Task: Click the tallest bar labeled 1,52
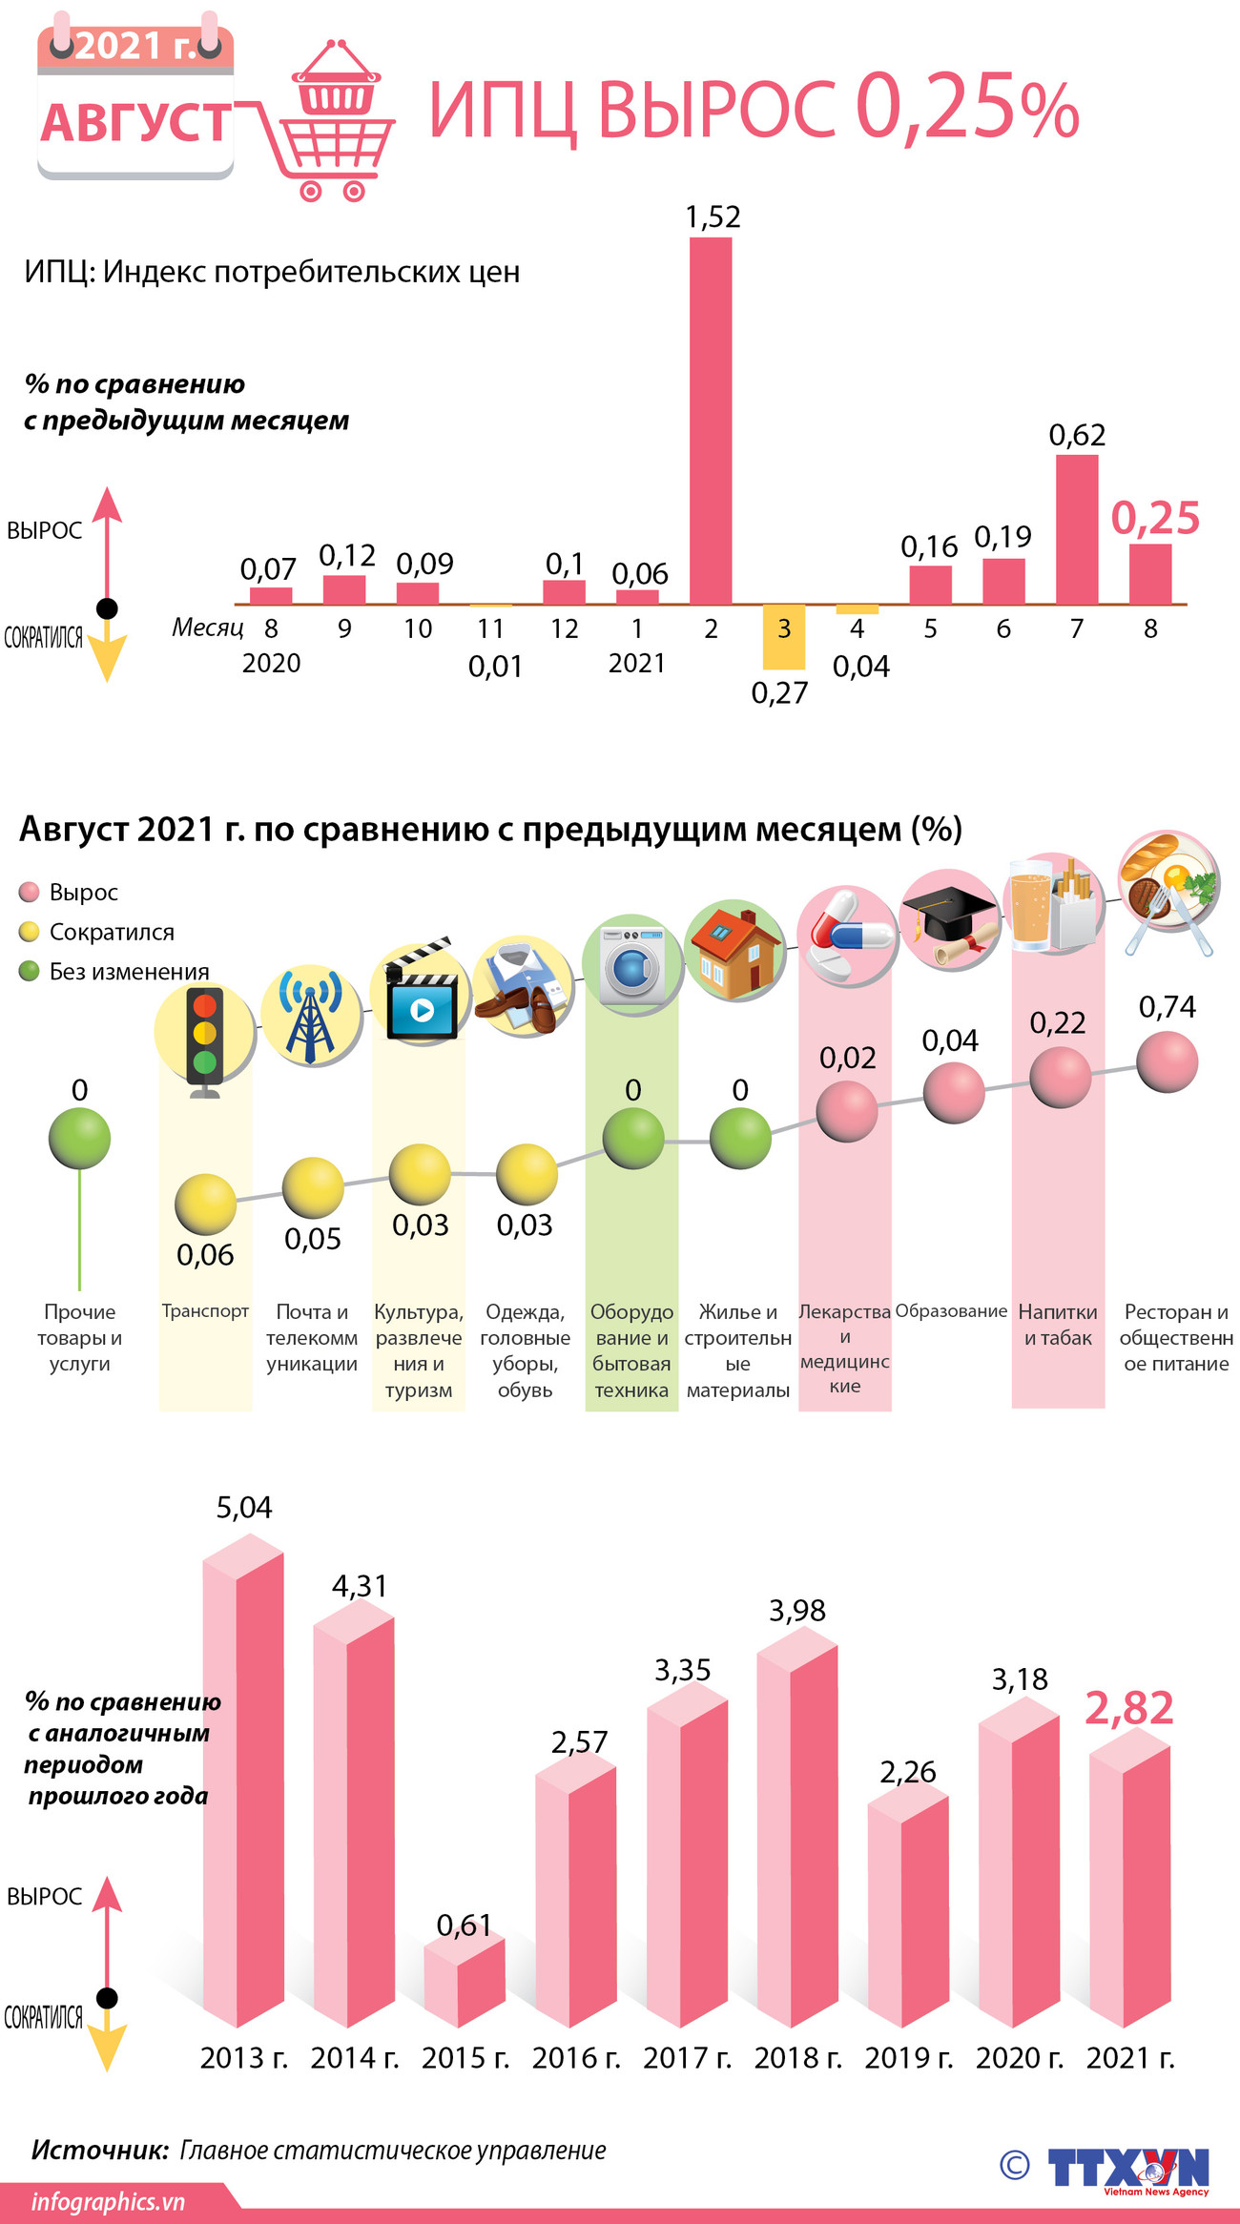click(x=711, y=420)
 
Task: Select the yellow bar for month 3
click(x=783, y=637)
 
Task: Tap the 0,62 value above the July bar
click(x=1077, y=436)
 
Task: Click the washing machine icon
click(x=632, y=963)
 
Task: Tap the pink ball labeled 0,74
click(x=1167, y=1061)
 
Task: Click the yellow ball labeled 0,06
click(x=205, y=1205)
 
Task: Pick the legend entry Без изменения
click(x=129, y=972)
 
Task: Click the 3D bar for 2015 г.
click(x=465, y=1982)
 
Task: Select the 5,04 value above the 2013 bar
click(x=244, y=1508)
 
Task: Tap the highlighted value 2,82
click(x=1129, y=1707)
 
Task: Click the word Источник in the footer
click(x=99, y=2150)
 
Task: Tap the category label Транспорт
click(x=205, y=1311)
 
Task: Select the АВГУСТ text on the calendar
click(x=135, y=123)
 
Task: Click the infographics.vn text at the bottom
click(x=108, y=2202)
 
